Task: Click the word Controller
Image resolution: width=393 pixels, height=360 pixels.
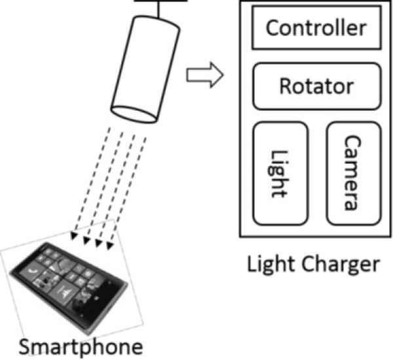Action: click(316, 28)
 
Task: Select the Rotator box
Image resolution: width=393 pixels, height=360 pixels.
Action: click(316, 86)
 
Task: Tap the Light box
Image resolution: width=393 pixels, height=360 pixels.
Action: click(279, 172)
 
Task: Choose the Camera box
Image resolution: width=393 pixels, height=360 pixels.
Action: click(353, 172)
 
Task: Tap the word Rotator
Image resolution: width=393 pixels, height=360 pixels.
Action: click(316, 86)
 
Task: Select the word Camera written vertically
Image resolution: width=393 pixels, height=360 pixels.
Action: click(353, 172)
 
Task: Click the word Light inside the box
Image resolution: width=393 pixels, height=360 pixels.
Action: click(279, 172)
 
